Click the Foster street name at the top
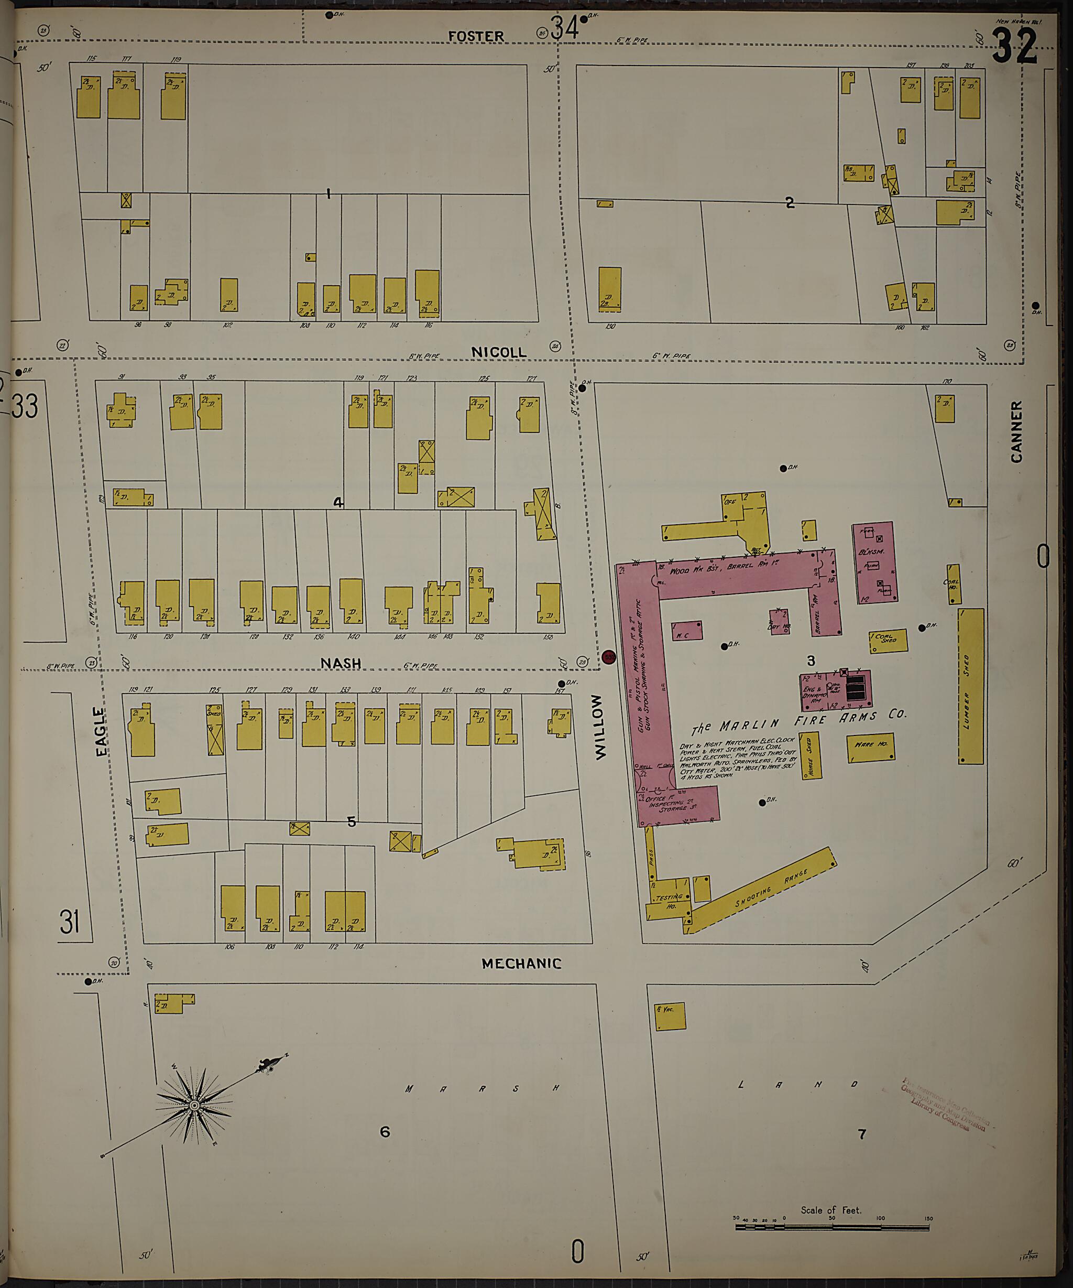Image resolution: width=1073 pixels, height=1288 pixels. pos(476,37)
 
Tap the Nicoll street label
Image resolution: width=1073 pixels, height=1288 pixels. pos(498,352)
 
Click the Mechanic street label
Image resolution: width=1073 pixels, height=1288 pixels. pos(521,964)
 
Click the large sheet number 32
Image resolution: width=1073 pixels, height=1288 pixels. pos(1015,47)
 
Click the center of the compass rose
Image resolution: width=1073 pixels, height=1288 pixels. pos(194,1105)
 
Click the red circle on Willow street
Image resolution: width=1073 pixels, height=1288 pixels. pos(609,657)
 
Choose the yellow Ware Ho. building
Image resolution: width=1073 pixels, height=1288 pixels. pos(870,748)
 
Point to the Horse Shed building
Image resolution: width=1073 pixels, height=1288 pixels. pos(809,755)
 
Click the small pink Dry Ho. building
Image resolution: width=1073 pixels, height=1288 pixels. pos(779,622)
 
